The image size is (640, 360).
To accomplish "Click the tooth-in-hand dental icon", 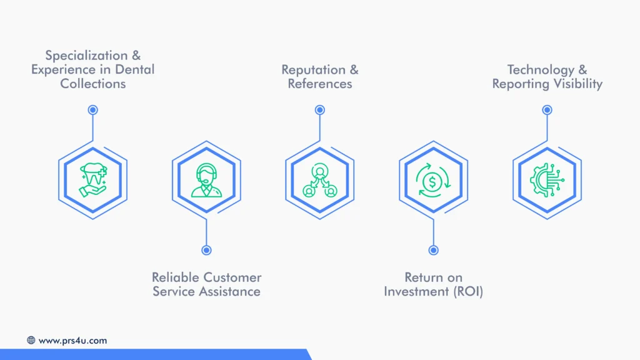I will coord(93,180).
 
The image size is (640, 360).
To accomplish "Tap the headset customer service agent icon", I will coord(206,180).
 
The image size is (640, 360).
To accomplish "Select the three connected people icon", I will coord(320,180).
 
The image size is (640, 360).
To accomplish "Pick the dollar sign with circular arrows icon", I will coord(433,180).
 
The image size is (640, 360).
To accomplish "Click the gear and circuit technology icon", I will coord(547,180).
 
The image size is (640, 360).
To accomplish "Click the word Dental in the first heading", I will coord(134,69).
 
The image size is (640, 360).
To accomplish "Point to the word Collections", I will coord(93,84).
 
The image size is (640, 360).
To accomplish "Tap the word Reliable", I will coord(176,277).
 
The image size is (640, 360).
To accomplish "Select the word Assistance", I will coord(231,291).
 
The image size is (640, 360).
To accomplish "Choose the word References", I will coord(320,84).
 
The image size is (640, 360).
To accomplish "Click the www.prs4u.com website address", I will coord(72,341).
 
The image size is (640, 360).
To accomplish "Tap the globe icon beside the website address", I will coord(31,341).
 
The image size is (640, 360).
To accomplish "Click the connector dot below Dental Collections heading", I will coord(93,110).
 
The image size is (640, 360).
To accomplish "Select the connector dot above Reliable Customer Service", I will coord(206,250).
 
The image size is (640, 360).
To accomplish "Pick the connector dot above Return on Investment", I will coord(433,250).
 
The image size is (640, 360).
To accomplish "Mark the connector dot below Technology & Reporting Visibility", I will coord(547,110).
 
